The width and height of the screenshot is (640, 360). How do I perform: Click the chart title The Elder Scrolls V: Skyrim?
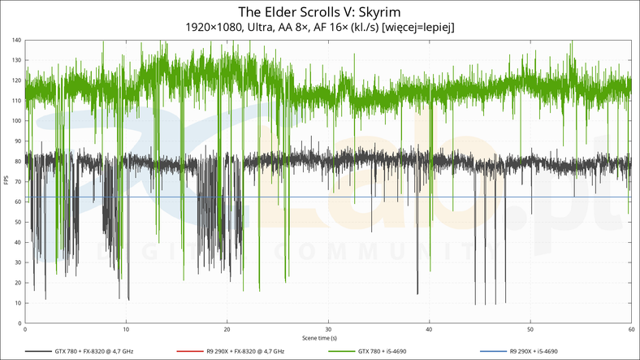coord(319,11)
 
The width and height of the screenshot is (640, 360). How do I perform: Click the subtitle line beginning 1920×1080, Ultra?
coord(319,27)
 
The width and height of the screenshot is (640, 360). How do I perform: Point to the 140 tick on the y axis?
coord(17,41)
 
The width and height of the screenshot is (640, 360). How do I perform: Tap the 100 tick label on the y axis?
coord(17,121)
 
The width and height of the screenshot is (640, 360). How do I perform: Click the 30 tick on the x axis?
coord(327,329)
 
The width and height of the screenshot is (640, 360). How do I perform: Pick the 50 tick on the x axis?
coord(530,329)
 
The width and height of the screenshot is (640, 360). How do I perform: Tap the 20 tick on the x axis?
coord(227,329)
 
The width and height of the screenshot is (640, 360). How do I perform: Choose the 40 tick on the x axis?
coord(429,329)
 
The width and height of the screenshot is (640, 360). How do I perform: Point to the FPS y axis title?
coord(6,181)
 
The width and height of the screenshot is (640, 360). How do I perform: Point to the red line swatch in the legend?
coord(189,351)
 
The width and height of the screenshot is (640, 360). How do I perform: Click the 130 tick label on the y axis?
coord(17,61)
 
